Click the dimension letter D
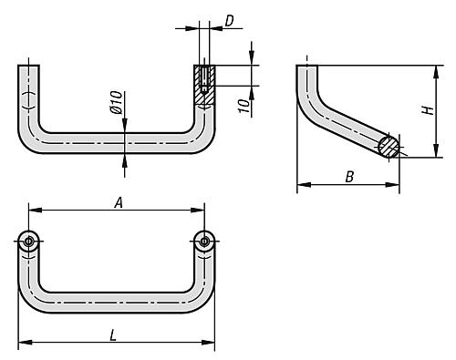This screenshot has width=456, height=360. coord(230,21)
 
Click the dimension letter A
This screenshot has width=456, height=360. coord(119,202)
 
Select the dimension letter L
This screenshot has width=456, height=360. coord(113,335)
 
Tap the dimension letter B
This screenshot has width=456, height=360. coord(349,177)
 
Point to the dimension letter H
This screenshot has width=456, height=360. coord(429,110)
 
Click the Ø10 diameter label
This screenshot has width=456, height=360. coord(117,102)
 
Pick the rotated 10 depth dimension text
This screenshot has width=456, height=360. coord(244,106)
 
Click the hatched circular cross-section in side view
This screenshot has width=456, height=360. coord(389,146)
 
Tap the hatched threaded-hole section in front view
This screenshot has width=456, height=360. coord(204,85)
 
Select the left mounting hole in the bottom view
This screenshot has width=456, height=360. coord(28,242)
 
